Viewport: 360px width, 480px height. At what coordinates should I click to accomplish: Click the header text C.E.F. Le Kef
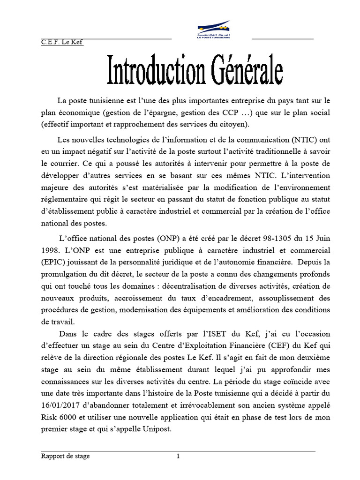tap(62, 43)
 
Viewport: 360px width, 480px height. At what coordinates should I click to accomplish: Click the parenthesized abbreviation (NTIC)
tap(305, 140)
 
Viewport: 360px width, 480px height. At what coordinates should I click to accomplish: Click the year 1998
tap(50, 250)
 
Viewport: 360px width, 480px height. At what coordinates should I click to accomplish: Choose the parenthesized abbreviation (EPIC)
tap(53, 262)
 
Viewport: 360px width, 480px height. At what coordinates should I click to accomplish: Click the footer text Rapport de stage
tap(65, 456)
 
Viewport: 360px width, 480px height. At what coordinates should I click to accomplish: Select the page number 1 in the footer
tap(178, 456)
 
